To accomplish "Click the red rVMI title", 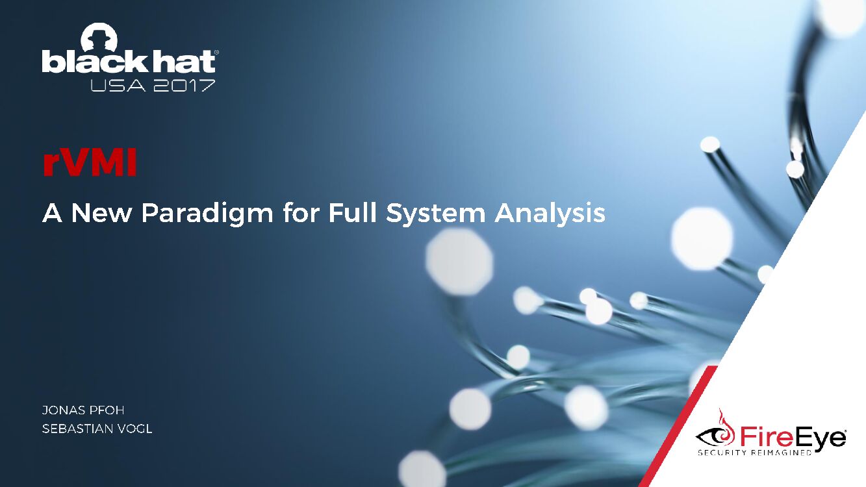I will click(x=90, y=164).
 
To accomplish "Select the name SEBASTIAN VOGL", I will click(x=97, y=429).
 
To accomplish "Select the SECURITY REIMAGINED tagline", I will click(x=754, y=453).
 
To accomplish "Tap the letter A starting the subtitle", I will click(x=53, y=213).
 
